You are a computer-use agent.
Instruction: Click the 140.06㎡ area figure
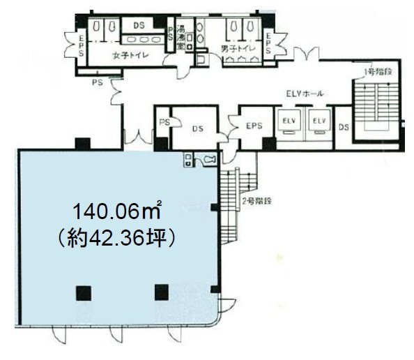tap(118, 209)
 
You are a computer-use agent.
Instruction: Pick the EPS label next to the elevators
tap(252, 126)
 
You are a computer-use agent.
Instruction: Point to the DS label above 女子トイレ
tap(139, 25)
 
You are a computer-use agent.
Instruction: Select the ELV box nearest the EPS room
tap(289, 121)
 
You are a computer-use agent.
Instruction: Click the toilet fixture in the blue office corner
tap(209, 161)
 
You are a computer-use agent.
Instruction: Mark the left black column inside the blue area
tap(84, 292)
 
